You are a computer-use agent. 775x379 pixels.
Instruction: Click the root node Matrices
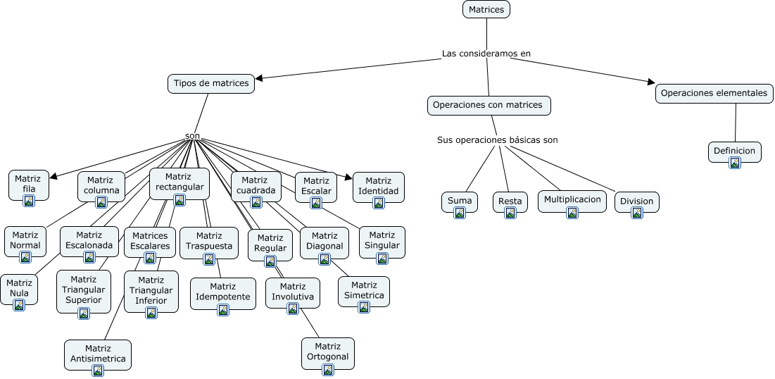pos(486,10)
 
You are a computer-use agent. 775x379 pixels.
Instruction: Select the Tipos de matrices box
pos(211,84)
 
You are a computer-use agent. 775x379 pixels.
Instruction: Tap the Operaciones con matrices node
pos(488,106)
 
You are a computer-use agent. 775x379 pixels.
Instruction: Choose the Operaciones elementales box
pos(714,93)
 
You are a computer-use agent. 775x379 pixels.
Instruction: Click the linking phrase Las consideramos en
pos(486,54)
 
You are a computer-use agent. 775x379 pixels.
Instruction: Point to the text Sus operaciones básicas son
pos(497,140)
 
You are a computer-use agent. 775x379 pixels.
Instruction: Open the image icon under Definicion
pos(735,163)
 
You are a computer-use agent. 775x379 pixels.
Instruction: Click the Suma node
pos(460,201)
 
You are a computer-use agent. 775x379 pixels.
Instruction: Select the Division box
pos(637,201)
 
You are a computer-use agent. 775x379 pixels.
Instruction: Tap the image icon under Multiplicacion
pos(572,213)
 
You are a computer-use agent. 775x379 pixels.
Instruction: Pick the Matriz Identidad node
pos(378,187)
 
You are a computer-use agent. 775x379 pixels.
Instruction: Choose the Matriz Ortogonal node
pos(327,352)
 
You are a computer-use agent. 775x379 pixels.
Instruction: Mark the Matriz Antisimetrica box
pos(98,354)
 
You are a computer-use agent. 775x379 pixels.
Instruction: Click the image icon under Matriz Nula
pos(19,305)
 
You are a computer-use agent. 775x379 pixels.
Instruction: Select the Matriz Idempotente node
pos(222,292)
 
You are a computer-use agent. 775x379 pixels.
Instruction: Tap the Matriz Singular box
pos(382,241)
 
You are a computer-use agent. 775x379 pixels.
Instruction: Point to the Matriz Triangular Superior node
pos(84,290)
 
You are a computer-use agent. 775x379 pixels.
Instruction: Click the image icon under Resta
pos(510,213)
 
